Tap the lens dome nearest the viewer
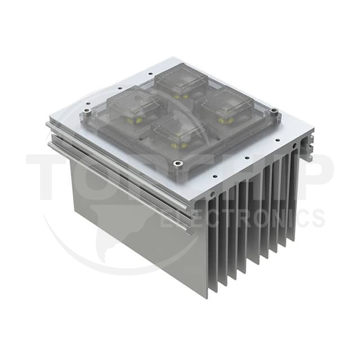coord(177,132)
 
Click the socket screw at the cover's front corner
coord(178,164)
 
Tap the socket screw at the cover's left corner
coord(87,111)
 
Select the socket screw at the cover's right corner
coord(273,111)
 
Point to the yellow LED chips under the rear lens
coord(181,96)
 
